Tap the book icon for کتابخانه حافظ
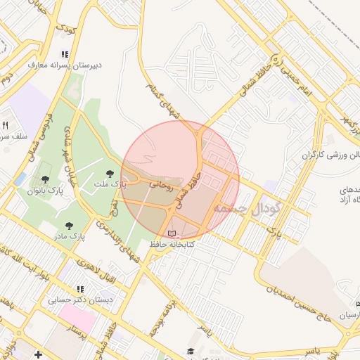pos(173,233)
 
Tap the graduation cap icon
pos(190,351)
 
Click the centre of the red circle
pos(180,180)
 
